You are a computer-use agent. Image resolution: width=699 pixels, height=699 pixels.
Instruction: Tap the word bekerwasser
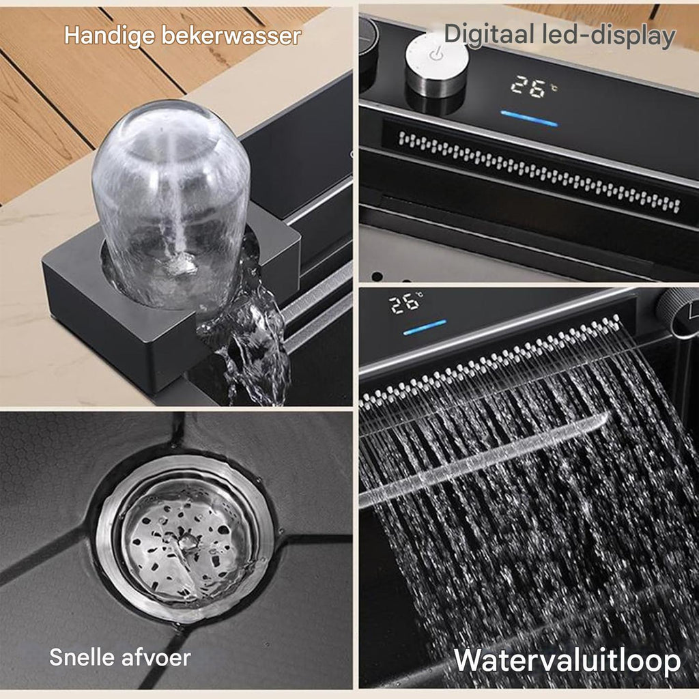click(x=231, y=35)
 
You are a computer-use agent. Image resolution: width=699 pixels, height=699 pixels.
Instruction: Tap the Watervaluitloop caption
click(x=567, y=660)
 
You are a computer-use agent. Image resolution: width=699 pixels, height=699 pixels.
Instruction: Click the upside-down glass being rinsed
click(x=171, y=201)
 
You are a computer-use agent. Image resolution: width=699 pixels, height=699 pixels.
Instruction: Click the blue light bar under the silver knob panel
click(x=529, y=119)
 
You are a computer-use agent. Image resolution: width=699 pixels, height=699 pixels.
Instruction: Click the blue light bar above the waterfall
click(x=425, y=327)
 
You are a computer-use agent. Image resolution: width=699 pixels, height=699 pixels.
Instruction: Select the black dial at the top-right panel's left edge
click(x=368, y=44)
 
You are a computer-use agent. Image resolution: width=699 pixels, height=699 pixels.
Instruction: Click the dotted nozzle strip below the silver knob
click(x=539, y=171)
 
